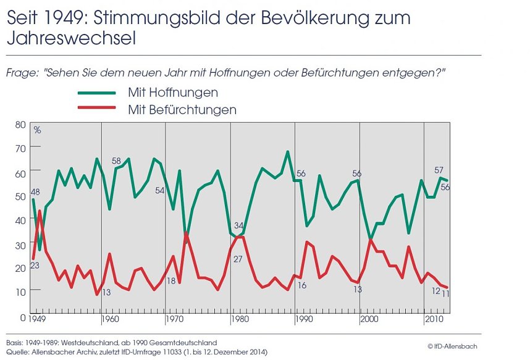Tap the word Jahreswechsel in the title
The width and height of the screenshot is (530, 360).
[x=70, y=38]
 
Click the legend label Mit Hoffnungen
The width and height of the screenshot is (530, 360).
[x=173, y=93]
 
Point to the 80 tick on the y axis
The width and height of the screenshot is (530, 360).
[x=20, y=124]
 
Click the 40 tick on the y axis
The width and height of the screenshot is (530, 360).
[x=20, y=220]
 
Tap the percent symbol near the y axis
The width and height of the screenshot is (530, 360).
[x=37, y=130]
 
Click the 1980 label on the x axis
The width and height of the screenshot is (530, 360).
[x=238, y=320]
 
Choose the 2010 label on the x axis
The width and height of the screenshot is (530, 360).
[x=432, y=320]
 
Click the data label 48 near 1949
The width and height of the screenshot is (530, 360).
[x=35, y=192]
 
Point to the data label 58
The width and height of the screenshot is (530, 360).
[x=116, y=161]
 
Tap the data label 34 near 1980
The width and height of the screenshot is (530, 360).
[x=238, y=225]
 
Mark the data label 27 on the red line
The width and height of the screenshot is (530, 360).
[x=237, y=259]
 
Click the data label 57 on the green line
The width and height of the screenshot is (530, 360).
[x=439, y=170]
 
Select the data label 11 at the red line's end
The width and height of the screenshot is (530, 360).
[x=445, y=293]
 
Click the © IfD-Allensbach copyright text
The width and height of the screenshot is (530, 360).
[x=452, y=346]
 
